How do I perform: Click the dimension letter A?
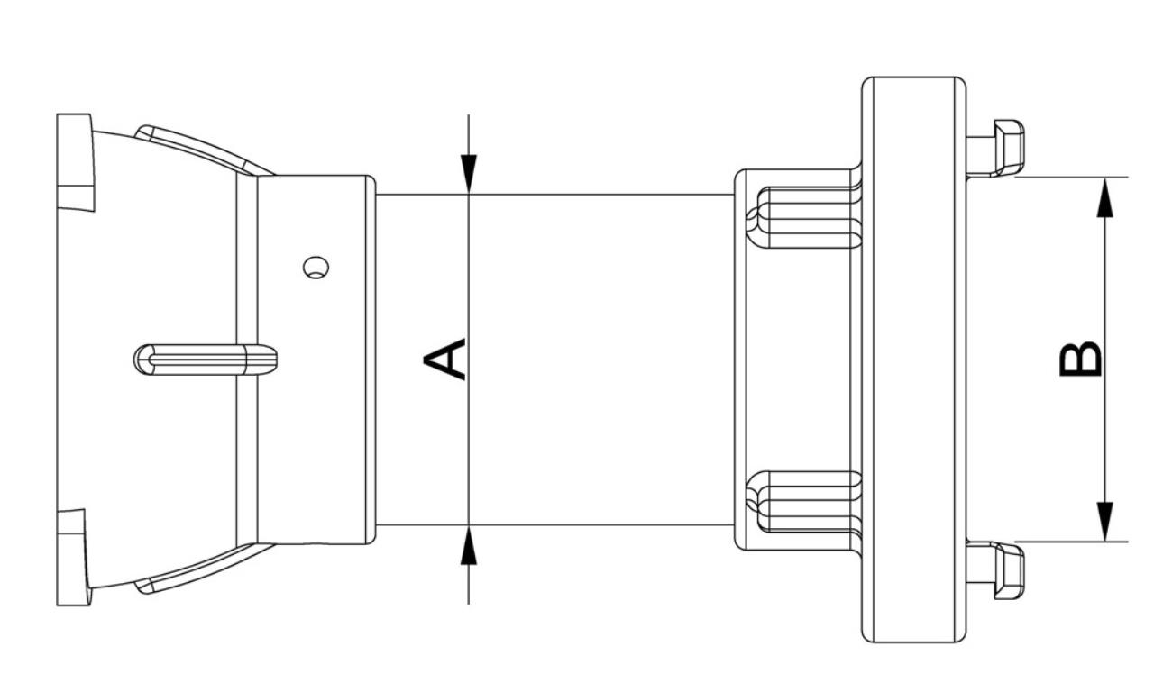click(x=445, y=359)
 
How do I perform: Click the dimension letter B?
click(x=1079, y=359)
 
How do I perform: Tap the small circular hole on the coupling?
click(x=316, y=268)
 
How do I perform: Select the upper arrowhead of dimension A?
click(x=469, y=171)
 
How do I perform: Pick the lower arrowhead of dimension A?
click(x=469, y=548)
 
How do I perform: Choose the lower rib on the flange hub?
click(x=807, y=500)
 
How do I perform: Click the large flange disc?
click(x=913, y=359)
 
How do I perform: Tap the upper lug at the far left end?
click(x=74, y=162)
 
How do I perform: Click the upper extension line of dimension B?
click(x=1073, y=177)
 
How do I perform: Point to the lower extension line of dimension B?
click(x=1073, y=542)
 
